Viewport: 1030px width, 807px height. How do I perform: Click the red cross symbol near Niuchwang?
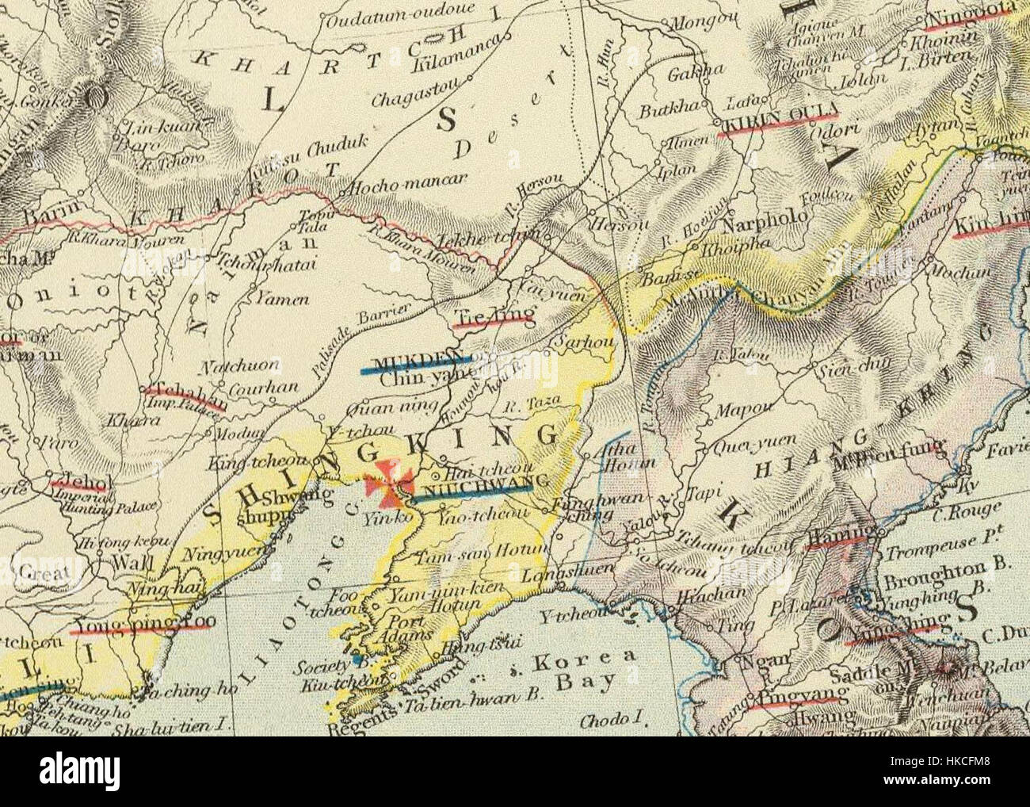(393, 483)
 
